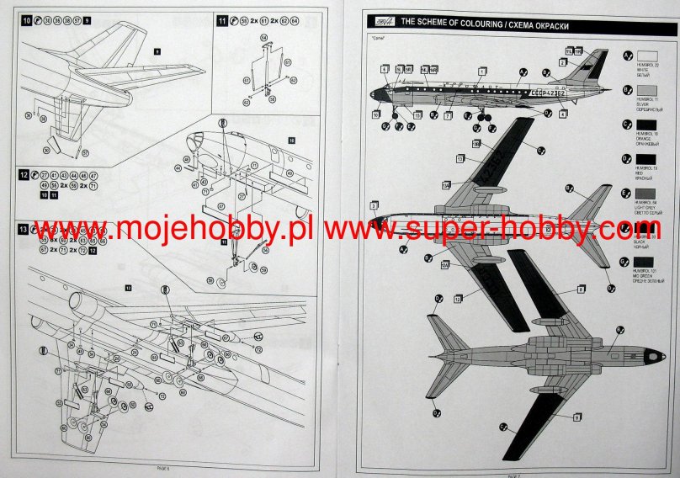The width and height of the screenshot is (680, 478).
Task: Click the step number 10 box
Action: pos(27,19)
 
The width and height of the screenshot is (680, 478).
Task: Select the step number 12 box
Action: pos(24,174)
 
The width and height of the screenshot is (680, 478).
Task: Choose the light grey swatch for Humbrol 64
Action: pos(645,193)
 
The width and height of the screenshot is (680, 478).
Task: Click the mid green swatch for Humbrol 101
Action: pos(645,263)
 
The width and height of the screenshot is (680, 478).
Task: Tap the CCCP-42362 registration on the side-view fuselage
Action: pos(548,92)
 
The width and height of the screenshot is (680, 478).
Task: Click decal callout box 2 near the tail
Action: pos(563,63)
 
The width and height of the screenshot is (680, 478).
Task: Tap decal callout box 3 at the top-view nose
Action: pos(373,204)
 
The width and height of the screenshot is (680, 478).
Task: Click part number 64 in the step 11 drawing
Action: pos(263,38)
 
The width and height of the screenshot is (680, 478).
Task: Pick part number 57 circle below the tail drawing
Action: pos(85,153)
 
